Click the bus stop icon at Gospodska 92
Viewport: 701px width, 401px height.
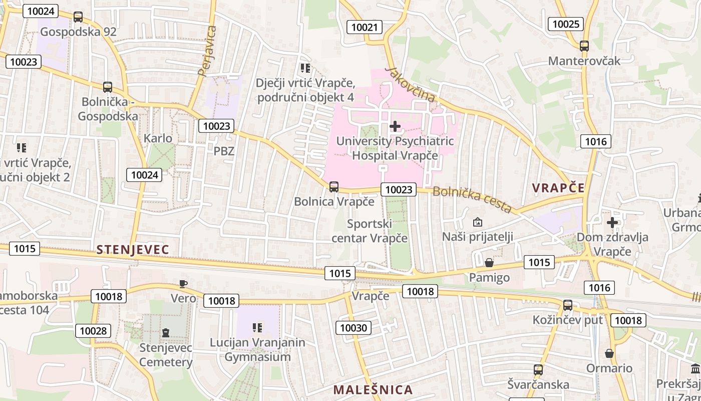tap(78, 17)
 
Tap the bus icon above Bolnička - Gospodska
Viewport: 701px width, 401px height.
tap(107, 87)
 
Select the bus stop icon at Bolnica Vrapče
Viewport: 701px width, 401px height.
tap(334, 187)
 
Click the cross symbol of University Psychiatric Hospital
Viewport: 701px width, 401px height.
tap(395, 126)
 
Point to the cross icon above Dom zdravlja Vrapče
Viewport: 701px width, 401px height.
tap(612, 222)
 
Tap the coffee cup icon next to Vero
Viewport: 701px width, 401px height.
tap(183, 284)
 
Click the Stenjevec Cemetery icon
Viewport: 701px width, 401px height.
tap(166, 332)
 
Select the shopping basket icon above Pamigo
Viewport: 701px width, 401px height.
tap(489, 263)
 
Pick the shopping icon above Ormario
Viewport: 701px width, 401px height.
tap(609, 353)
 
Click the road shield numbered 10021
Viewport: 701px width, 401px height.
tap(365, 27)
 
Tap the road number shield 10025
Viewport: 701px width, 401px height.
tap(566, 24)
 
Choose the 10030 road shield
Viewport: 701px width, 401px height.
tap(354, 328)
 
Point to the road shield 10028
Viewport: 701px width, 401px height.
tap(93, 331)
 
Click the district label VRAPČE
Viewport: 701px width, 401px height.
tap(558, 188)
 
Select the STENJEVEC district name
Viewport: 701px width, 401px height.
tap(133, 249)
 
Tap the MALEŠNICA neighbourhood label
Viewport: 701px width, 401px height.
tap(373, 389)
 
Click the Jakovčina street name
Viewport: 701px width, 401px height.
tap(411, 84)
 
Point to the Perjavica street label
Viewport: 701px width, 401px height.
tap(207, 50)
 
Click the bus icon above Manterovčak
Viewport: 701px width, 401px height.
tap(584, 46)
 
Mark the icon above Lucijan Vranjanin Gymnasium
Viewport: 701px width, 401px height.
tap(257, 328)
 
